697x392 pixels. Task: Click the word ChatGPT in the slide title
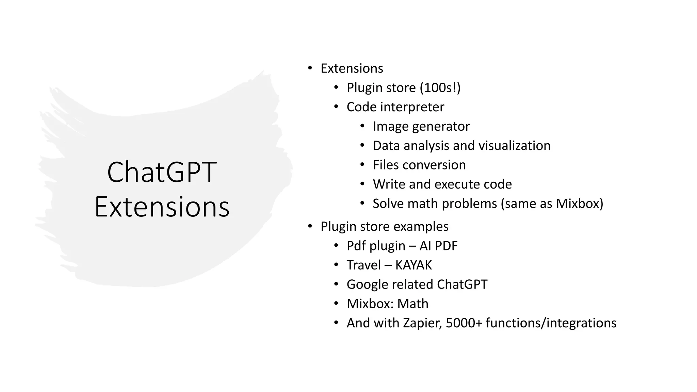pos(162,172)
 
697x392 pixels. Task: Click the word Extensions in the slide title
pos(162,207)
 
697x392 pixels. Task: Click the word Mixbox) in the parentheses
pos(579,203)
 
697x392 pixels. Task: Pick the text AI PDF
pos(438,246)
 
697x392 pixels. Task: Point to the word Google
pos(368,284)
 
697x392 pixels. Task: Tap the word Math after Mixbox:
pos(413,304)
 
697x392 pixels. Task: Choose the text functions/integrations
pos(551,323)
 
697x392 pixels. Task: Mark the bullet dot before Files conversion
pos(362,165)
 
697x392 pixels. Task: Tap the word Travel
pos(363,265)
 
